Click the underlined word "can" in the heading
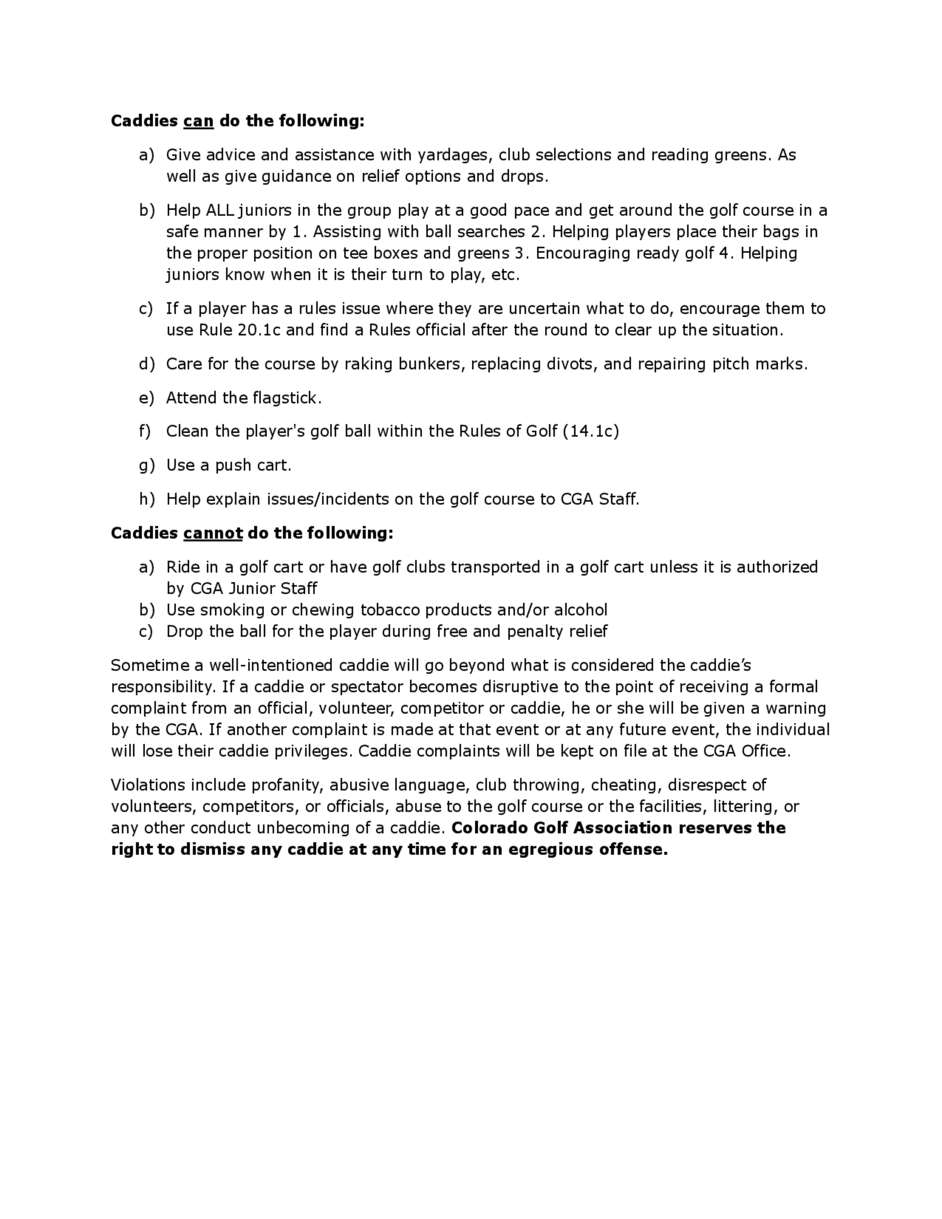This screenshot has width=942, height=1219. pos(198,121)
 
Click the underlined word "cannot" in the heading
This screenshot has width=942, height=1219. pos(212,533)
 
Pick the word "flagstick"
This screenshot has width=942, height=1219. pos(284,398)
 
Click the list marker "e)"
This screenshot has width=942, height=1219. pos(146,398)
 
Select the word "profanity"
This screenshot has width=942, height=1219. pos(287,785)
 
